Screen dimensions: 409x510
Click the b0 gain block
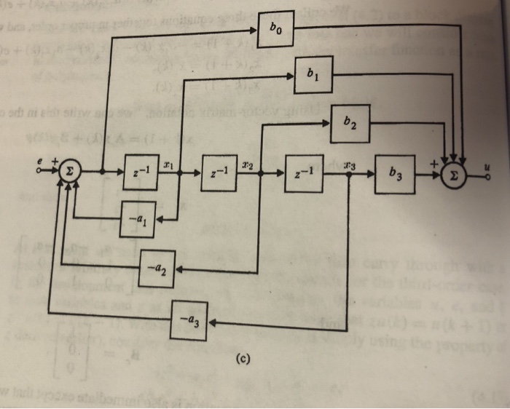[x=275, y=31]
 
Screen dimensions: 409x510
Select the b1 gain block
[x=313, y=74]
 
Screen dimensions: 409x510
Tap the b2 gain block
[x=351, y=123]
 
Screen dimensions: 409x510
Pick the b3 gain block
[x=395, y=175]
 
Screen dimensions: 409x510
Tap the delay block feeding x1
[x=139, y=174]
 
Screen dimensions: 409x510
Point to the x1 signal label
[x=168, y=166]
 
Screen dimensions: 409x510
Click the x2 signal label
[x=248, y=165]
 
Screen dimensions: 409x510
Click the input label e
[x=41, y=159]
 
